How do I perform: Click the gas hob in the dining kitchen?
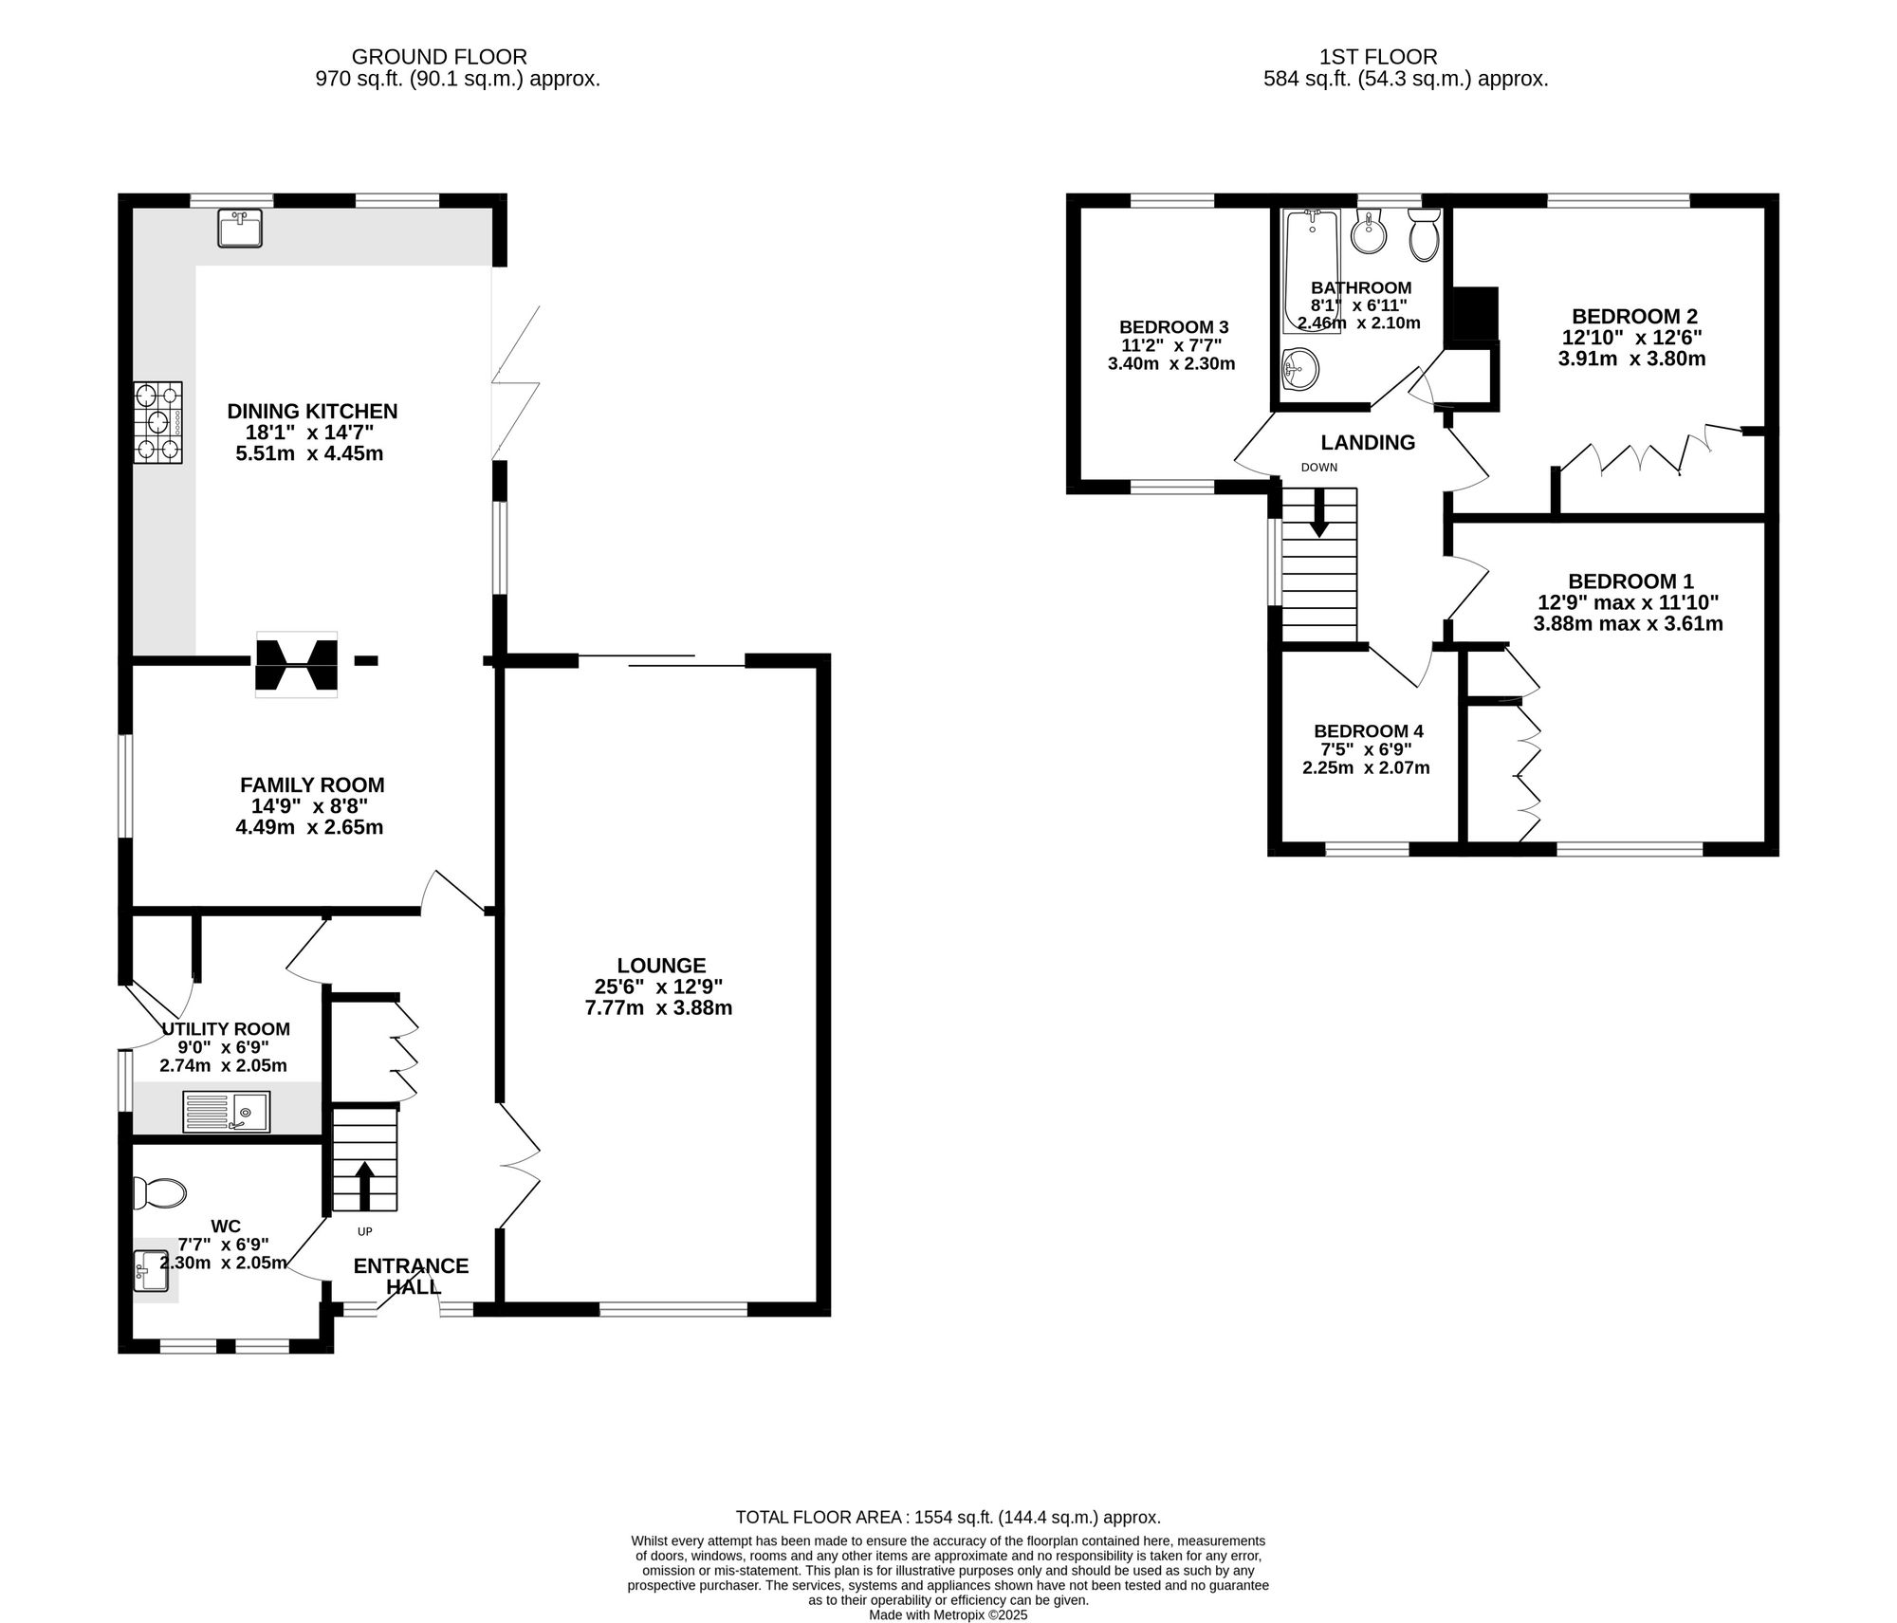tap(157, 422)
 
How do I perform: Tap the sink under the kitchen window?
tap(241, 229)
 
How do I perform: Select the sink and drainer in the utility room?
tap(227, 1112)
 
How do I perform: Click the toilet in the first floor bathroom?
tap(1424, 235)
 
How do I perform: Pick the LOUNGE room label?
tap(661, 966)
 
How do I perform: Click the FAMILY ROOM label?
tap(312, 785)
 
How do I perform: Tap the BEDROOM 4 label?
tap(1368, 731)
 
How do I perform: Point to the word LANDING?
tap(1368, 442)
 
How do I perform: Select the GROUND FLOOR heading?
tap(439, 58)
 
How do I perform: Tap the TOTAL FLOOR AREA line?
tap(948, 1518)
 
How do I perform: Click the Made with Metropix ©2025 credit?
tap(948, 1614)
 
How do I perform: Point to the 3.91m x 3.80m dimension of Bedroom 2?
tap(1631, 359)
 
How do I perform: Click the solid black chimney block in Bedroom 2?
tap(1475, 314)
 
